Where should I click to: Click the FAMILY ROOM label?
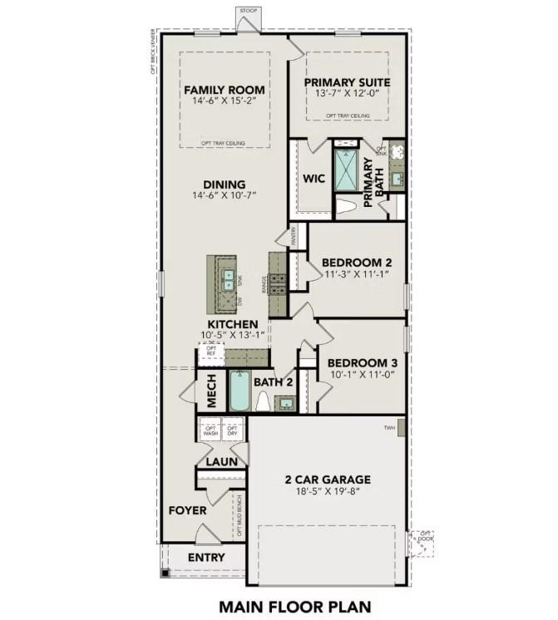coord(225,90)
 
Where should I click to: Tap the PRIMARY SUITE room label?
coord(347,82)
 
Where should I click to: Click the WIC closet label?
coord(314,178)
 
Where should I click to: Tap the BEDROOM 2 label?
coord(357,262)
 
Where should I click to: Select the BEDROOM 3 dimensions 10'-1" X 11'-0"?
coord(363,375)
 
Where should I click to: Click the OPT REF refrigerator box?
coord(211,351)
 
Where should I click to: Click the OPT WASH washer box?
coord(210,431)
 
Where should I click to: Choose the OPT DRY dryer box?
coord(232,431)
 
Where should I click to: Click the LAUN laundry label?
coord(221,461)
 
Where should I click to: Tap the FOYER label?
coord(187,510)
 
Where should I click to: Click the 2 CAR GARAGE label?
coord(328,480)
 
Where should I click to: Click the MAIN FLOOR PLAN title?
coord(295,607)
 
